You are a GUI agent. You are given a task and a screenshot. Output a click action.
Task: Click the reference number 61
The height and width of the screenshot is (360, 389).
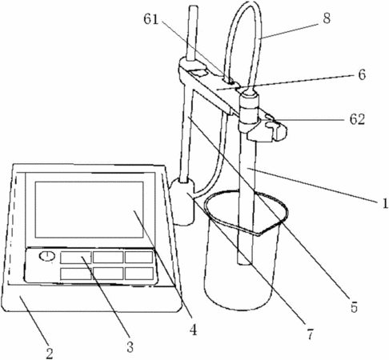coord(151,19)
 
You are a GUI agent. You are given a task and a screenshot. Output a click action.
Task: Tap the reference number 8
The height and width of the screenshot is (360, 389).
coord(327,18)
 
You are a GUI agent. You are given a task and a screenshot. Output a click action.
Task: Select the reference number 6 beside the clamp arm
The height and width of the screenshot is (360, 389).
coord(362,74)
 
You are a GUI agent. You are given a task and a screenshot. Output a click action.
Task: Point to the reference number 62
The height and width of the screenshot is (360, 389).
coord(357,119)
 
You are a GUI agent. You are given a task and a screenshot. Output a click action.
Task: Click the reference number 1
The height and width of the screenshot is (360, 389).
coord(385,203)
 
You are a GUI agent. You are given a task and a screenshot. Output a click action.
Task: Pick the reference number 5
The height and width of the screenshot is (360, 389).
coord(354,307)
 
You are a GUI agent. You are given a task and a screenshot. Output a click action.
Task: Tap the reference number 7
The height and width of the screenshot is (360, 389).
coord(310,334)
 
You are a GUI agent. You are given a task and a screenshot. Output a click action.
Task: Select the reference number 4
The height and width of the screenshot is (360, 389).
coord(193,330)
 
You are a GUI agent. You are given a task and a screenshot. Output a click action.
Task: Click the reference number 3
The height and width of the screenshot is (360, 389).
coord(130,347)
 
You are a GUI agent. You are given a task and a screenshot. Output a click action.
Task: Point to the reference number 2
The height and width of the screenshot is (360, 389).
coord(50,353)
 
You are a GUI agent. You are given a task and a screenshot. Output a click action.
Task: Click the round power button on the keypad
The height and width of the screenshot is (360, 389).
coord(47,256)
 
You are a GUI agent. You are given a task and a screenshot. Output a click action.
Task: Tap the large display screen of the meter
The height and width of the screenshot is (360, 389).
coord(89,210)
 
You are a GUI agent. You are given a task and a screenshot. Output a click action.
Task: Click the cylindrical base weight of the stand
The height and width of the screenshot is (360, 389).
coord(182,202)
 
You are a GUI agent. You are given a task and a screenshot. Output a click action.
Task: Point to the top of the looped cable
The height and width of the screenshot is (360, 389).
coord(247,4)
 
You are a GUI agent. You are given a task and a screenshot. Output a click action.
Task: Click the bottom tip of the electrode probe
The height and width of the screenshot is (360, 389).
coord(244,263)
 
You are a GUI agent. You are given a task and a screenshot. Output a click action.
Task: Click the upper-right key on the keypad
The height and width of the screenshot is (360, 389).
coord(139,257)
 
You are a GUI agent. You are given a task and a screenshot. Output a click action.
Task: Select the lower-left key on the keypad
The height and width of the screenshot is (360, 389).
coord(76,274)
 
